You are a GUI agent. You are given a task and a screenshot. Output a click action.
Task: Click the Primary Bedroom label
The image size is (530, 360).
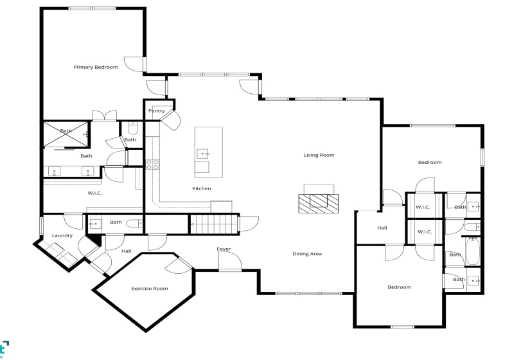pyautogui.click(x=96, y=67)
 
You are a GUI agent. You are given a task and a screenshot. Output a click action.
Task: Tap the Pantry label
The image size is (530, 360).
pyautogui.click(x=157, y=111)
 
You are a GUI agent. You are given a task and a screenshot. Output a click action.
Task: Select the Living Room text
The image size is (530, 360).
pyautogui.click(x=319, y=155)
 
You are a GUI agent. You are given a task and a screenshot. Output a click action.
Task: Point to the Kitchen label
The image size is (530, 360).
pyautogui.click(x=202, y=188)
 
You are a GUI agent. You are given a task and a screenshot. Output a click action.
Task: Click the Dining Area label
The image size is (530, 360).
pyautogui.click(x=307, y=254)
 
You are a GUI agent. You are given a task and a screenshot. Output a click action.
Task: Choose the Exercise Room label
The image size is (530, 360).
pyautogui.click(x=150, y=289)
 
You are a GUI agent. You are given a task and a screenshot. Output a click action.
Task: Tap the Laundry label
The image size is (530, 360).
pyautogui.click(x=62, y=236)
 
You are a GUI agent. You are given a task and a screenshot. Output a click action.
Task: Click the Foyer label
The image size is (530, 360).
pyautogui.click(x=224, y=249)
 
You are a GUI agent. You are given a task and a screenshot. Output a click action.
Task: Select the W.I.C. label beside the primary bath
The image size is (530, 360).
pyautogui.click(x=95, y=193)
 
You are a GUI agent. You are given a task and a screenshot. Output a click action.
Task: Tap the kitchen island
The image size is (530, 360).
pyautogui.click(x=209, y=152)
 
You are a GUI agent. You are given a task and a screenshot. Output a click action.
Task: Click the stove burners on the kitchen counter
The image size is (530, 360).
pyautogui.click(x=153, y=164)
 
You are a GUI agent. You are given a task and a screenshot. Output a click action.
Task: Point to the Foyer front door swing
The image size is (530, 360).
pyautogui.click(x=230, y=260)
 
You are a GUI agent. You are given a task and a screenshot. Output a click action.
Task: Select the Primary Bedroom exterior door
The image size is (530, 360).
pyautogui.click(x=134, y=65)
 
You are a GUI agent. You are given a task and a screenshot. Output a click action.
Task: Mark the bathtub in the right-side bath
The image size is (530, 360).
pyautogui.click(x=473, y=253)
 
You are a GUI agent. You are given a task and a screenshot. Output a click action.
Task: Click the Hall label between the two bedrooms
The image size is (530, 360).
pyautogui.click(x=382, y=228)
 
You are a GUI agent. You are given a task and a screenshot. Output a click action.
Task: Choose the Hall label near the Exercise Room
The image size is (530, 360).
pyautogui.click(x=127, y=251)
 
